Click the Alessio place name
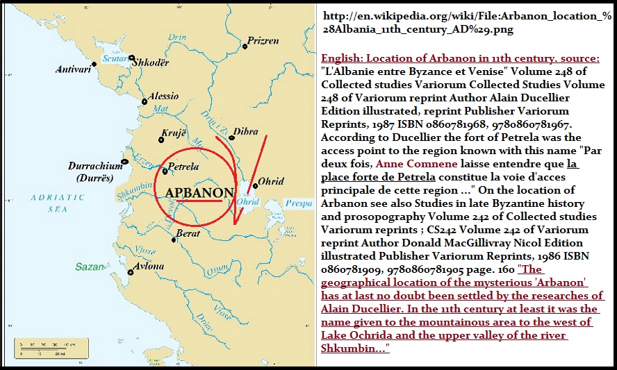(x=163, y=96)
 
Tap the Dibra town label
(x=246, y=131)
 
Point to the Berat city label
(x=189, y=233)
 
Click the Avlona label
(x=147, y=266)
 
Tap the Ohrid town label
(x=271, y=182)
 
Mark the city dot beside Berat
(x=174, y=240)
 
